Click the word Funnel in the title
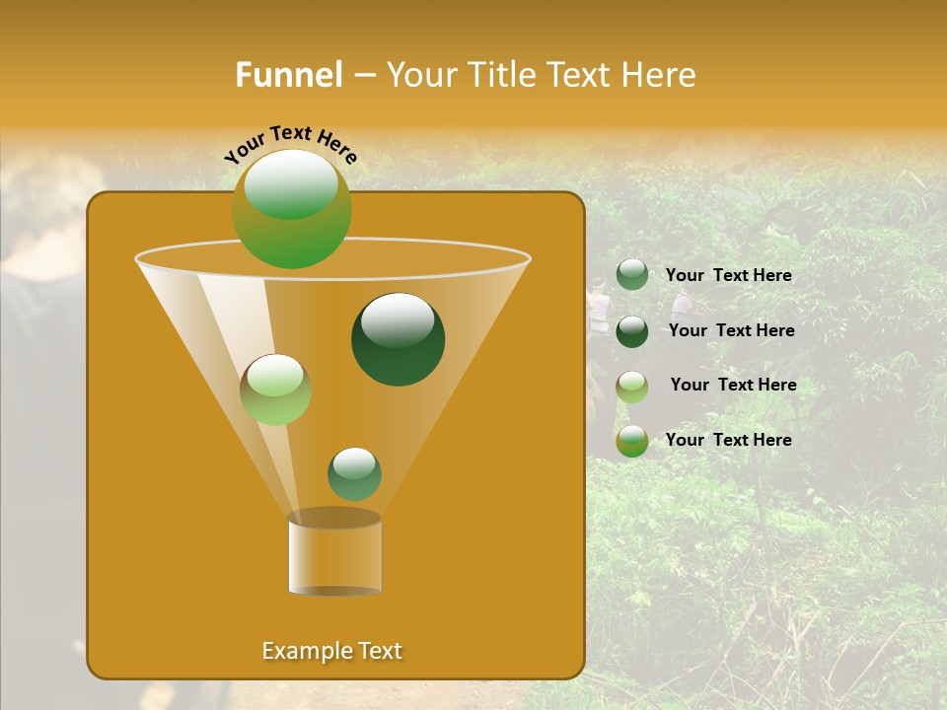click(288, 75)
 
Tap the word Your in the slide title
click(420, 75)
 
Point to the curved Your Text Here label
click(291, 144)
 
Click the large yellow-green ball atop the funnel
click(292, 209)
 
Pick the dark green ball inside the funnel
click(399, 339)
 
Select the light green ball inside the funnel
click(275, 390)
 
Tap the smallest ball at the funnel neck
click(354, 473)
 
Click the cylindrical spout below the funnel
click(334, 557)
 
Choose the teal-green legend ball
click(632, 275)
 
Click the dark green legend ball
click(632, 331)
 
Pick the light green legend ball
click(632, 387)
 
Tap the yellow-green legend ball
click(632, 441)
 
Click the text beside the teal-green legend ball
click(728, 276)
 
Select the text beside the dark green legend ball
click(731, 330)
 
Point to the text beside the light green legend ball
click(733, 385)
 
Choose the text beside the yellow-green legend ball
click(728, 440)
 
